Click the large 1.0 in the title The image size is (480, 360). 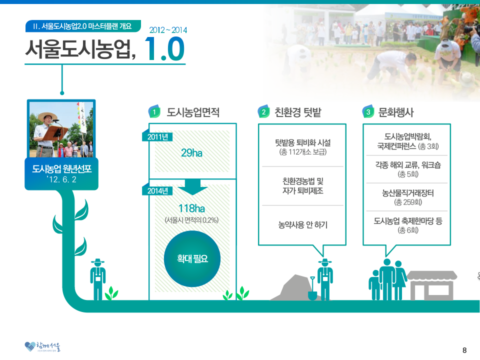point(164,49)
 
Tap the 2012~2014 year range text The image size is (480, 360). point(168,30)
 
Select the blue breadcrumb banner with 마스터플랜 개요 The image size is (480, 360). point(82,26)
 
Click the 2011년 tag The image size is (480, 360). point(157,136)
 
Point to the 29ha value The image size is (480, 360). point(191,153)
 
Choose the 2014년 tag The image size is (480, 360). point(157,190)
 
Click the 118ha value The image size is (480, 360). point(191,208)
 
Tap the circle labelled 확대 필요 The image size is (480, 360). point(192,258)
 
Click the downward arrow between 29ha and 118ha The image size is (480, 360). point(192,187)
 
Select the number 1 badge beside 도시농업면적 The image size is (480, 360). point(154,112)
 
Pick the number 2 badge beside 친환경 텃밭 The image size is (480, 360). point(263,112)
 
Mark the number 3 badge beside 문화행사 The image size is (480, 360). point(368,112)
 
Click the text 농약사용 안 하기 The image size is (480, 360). point(303,225)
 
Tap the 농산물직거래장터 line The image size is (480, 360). point(408,193)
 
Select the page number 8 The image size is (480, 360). point(464,350)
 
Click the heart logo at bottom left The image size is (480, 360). point(30,346)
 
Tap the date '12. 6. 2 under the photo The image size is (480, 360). point(61,179)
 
